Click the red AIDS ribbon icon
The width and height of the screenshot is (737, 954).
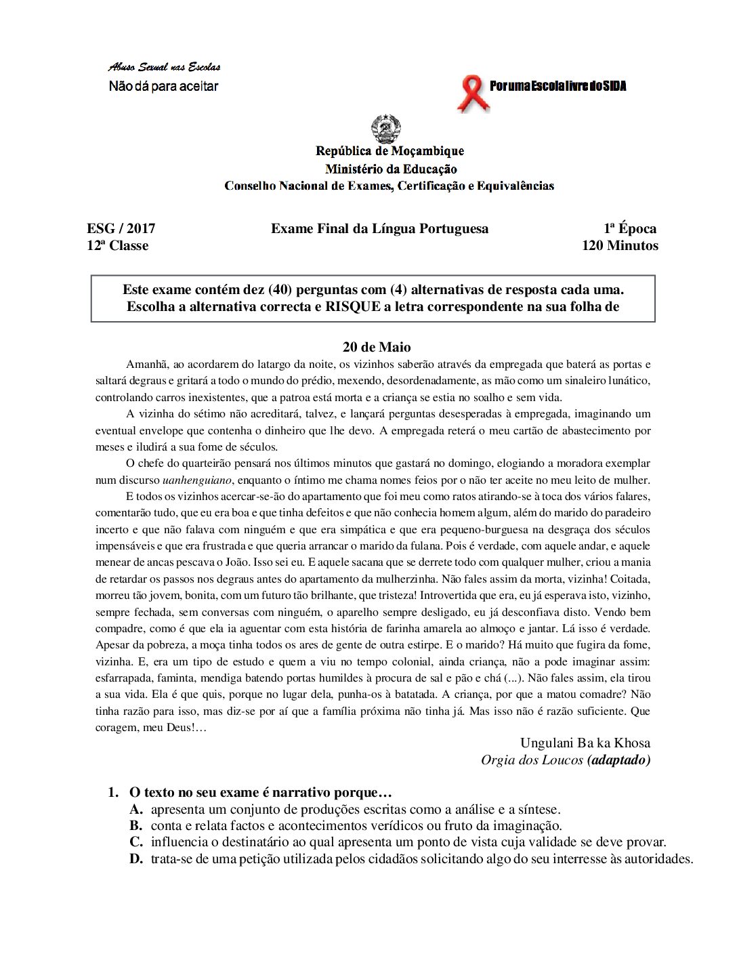point(472,94)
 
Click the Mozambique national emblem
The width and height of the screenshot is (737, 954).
point(386,129)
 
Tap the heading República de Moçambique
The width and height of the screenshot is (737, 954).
point(389,151)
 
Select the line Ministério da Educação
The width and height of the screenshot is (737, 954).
point(390,169)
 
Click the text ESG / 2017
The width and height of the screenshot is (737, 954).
point(121,229)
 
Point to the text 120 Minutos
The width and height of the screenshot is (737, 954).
point(619,245)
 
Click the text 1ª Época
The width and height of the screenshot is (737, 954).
point(629,229)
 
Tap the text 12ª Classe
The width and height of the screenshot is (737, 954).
point(117,245)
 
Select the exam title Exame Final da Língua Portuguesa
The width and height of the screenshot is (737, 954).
point(379,229)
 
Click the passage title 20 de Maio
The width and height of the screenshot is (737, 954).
point(377,347)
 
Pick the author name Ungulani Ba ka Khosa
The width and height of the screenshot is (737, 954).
point(585,743)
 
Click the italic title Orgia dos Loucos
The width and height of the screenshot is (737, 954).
point(532,760)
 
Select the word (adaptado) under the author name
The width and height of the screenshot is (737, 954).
point(618,760)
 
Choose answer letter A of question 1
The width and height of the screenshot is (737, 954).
point(136,809)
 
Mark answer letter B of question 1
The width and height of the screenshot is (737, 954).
point(136,825)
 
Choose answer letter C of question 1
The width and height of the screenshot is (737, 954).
point(136,842)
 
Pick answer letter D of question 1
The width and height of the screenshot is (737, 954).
point(136,859)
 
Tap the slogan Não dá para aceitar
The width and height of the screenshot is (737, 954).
point(164,86)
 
